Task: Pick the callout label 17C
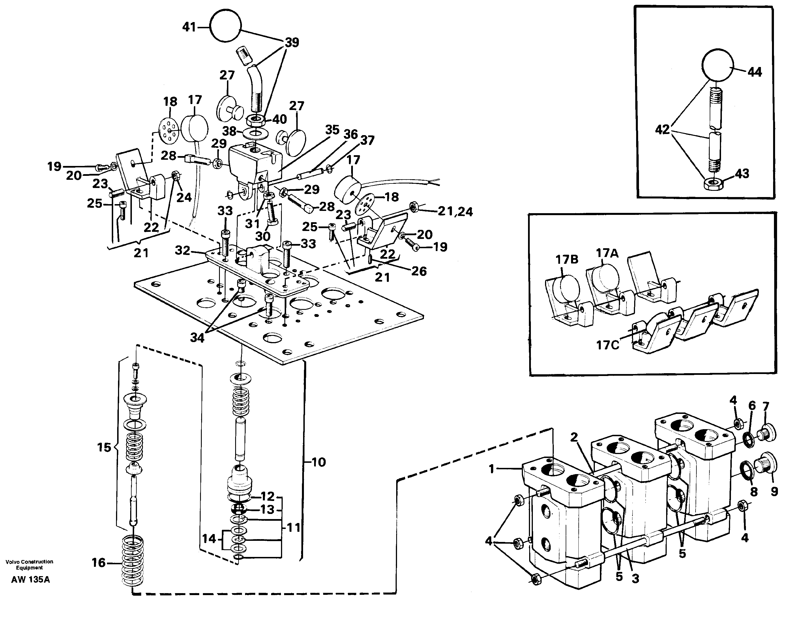[607, 345]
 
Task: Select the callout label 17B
[567, 260]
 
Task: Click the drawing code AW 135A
[30, 580]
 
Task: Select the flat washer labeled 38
[254, 132]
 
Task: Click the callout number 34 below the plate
[197, 337]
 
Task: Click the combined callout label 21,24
[455, 212]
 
